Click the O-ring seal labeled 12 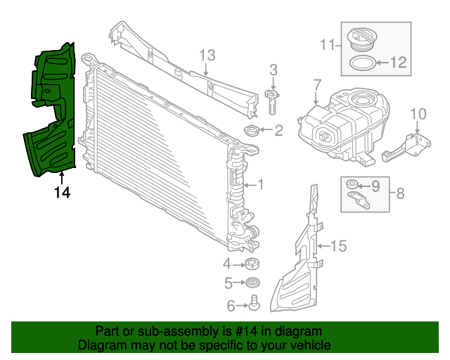362,63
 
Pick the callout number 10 418,113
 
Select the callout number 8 399,193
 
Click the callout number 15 339,246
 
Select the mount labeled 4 252,264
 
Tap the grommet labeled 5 252,283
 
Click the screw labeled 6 254,304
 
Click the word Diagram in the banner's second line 101,345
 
